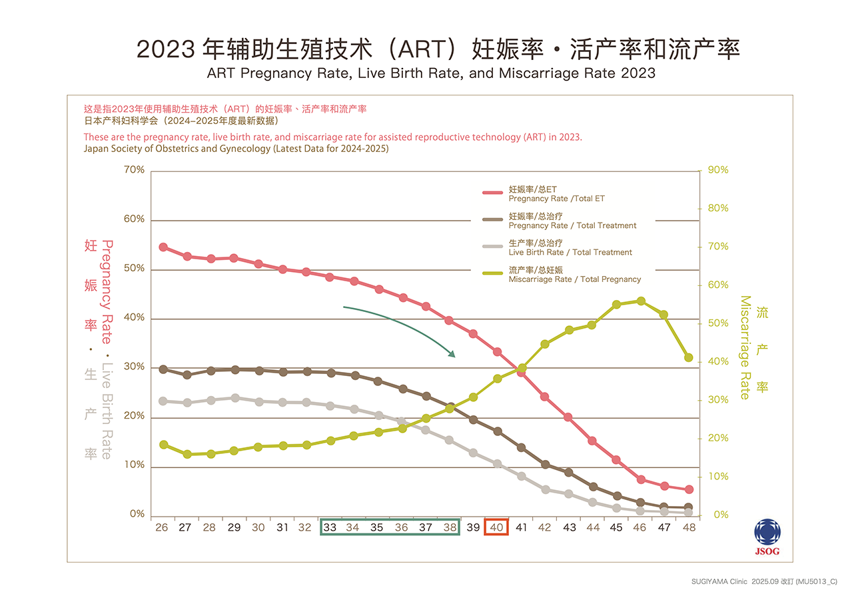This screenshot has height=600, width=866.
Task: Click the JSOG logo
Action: click(x=767, y=537)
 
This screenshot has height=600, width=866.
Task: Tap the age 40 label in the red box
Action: click(x=496, y=527)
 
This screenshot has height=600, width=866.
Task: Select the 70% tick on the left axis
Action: click(x=134, y=170)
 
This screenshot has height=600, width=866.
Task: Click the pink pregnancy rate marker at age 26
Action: click(x=163, y=247)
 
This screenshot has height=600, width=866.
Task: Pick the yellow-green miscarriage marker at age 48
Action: click(x=689, y=358)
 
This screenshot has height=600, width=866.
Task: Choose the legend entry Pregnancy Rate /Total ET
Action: click(x=556, y=194)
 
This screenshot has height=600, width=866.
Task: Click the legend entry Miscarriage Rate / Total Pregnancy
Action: click(x=574, y=275)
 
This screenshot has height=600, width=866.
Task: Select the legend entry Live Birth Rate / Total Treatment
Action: click(x=570, y=248)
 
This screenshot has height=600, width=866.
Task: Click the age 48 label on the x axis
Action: click(x=689, y=527)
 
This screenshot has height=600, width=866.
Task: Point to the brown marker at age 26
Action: click(x=163, y=369)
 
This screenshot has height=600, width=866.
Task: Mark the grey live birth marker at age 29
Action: click(x=234, y=398)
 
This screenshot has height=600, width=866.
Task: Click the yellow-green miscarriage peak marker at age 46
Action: click(x=641, y=301)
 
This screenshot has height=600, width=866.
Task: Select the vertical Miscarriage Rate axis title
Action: click(x=745, y=347)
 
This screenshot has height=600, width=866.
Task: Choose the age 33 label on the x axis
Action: click(x=329, y=527)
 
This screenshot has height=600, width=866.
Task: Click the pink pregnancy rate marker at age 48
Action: click(x=689, y=489)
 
